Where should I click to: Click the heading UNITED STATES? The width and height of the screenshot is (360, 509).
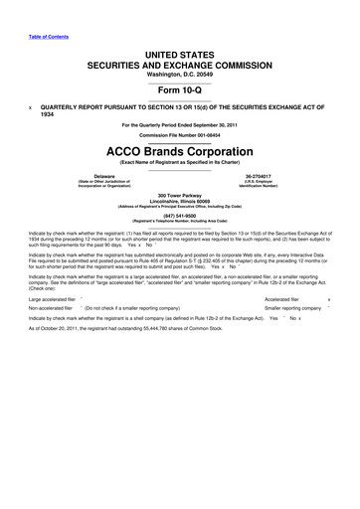click(179, 50)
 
